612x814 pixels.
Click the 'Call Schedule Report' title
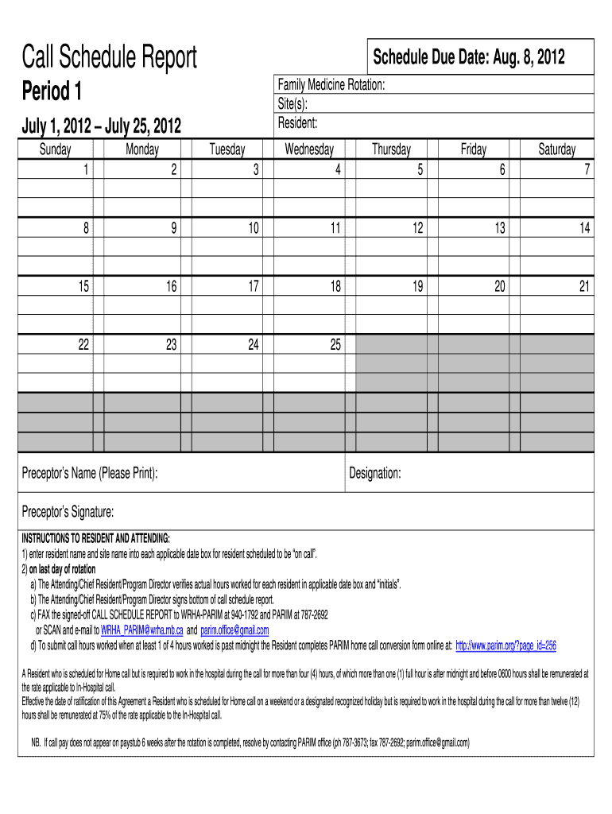[x=109, y=57]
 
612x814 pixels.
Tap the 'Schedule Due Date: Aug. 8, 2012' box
[x=469, y=56]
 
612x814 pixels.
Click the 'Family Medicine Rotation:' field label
[x=331, y=85]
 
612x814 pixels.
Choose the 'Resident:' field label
[x=297, y=123]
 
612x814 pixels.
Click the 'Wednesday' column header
[x=309, y=149]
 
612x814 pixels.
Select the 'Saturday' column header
[x=556, y=149]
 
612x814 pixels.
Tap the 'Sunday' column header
[x=56, y=149]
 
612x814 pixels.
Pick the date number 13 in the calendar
[x=499, y=228]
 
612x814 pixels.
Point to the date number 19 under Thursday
[x=416, y=286]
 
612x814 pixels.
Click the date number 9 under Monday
[x=173, y=228]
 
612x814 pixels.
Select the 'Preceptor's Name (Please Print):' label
[x=89, y=474]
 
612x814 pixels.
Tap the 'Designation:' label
[x=375, y=474]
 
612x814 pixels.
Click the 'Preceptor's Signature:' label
[x=68, y=510]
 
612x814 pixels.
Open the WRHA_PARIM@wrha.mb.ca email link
[x=142, y=630]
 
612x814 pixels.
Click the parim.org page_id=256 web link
[x=505, y=645]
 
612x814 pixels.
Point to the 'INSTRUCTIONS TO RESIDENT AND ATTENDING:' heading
[x=95, y=538]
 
